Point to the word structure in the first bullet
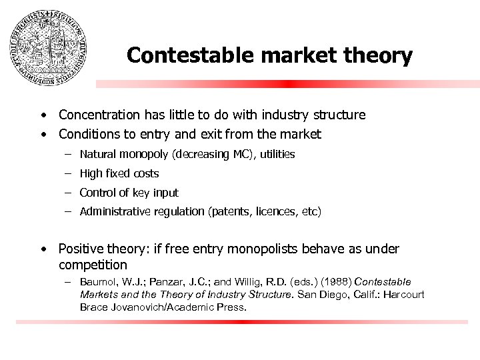click(x=339, y=115)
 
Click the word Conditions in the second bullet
click(x=87, y=134)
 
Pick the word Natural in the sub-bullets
click(x=98, y=155)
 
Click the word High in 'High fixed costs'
click(x=91, y=174)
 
